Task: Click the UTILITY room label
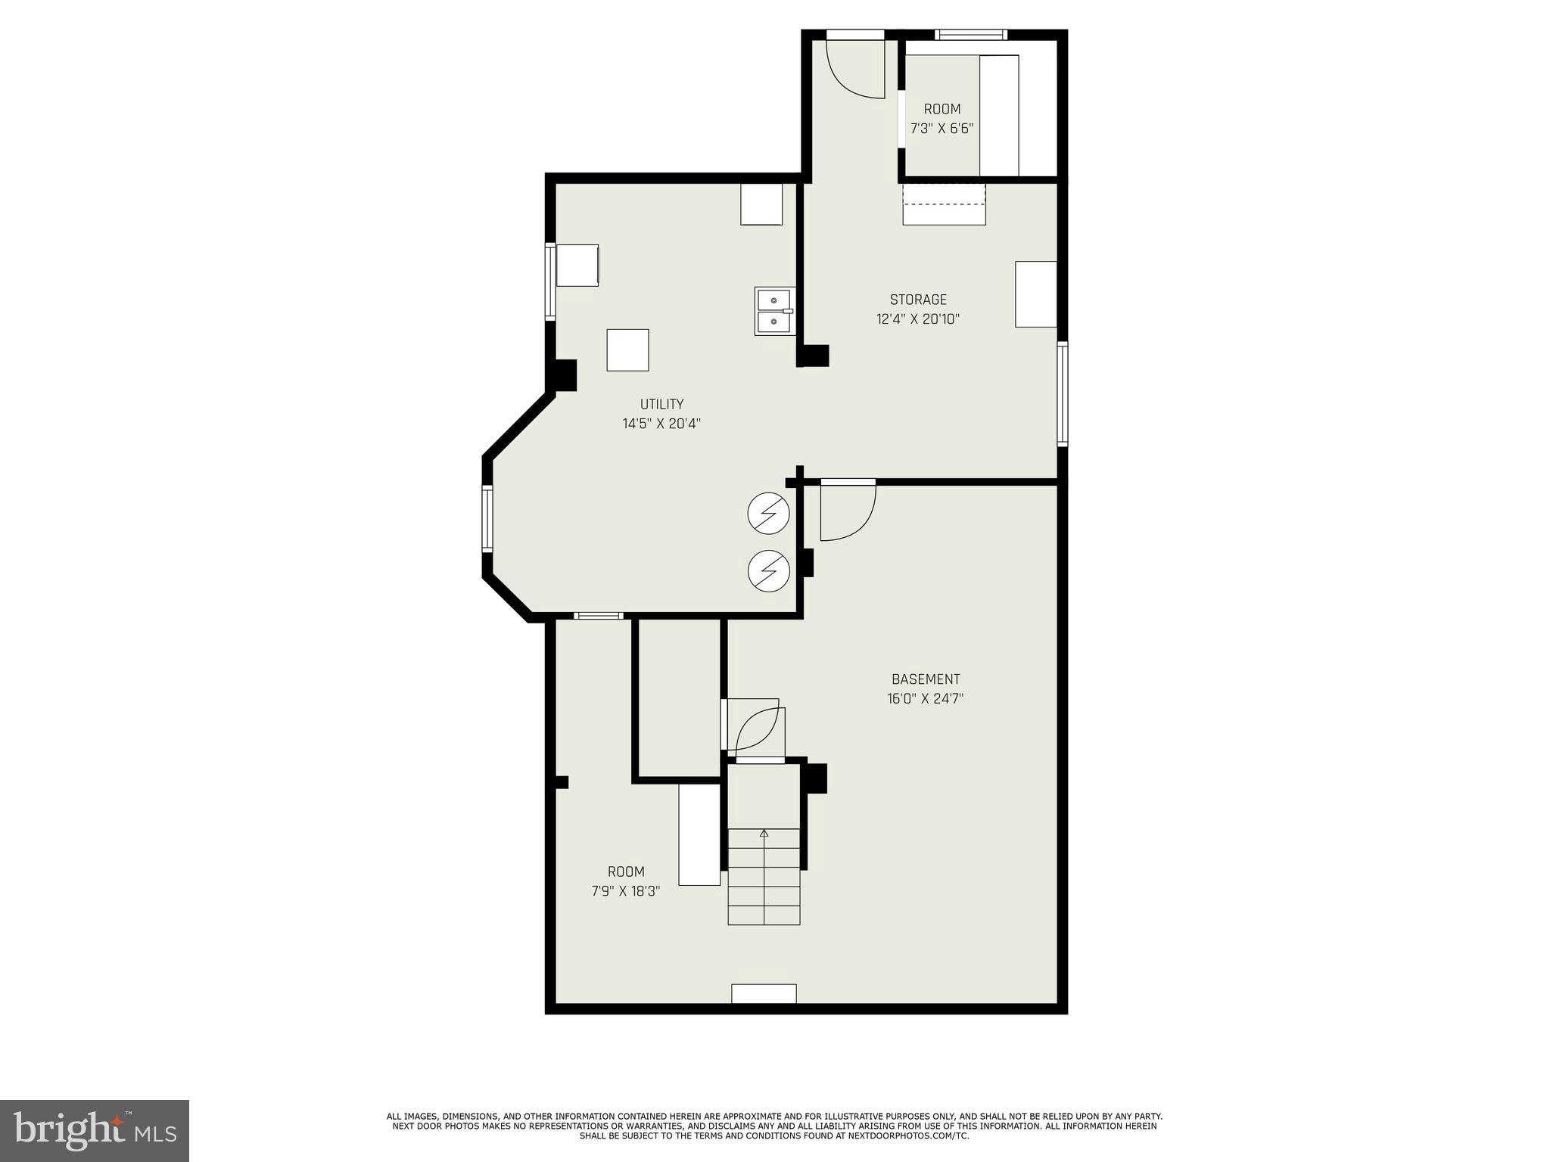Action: pos(661,404)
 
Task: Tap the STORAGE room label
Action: pos(917,300)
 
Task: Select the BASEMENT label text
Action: pos(925,679)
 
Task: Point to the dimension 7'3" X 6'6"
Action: pos(942,129)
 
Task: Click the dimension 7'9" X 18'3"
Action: pos(625,891)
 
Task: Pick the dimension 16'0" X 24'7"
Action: pos(925,699)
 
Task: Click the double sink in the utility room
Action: pos(774,311)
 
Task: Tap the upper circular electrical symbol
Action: pos(768,514)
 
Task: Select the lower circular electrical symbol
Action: pos(768,570)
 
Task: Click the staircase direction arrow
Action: pos(764,834)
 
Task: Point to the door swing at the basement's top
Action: pos(848,513)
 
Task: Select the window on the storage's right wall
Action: pos(1062,393)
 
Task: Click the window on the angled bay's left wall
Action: pos(487,518)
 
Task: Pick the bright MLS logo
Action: pos(94,1130)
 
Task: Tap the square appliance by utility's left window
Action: pos(577,265)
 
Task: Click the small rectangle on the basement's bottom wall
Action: pos(763,993)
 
